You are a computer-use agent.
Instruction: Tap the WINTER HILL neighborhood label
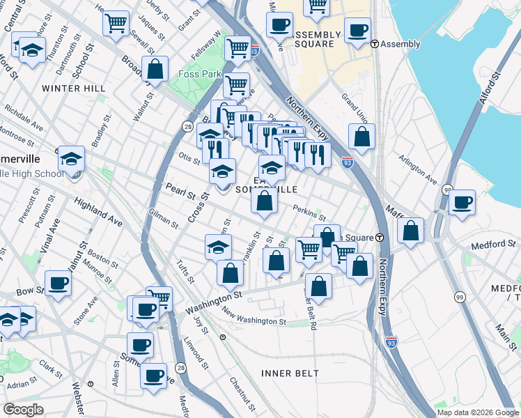[73, 88]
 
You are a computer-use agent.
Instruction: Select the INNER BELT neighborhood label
[290, 373]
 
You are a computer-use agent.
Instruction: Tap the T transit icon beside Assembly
[375, 44]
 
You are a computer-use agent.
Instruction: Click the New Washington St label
[254, 318]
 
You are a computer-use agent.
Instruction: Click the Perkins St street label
[309, 212]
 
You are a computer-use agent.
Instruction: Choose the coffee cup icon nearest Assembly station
[357, 31]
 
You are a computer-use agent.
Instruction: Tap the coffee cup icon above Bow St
[58, 283]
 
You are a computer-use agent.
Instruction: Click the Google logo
[23, 410]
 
